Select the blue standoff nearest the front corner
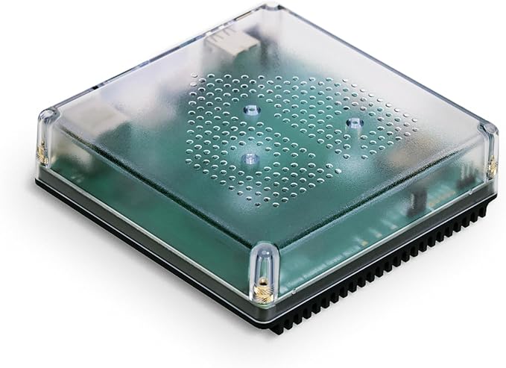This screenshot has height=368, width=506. coord(250,158)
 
